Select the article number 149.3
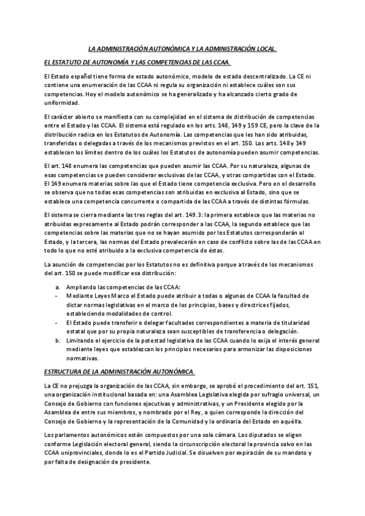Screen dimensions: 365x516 (x=185, y=214)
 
